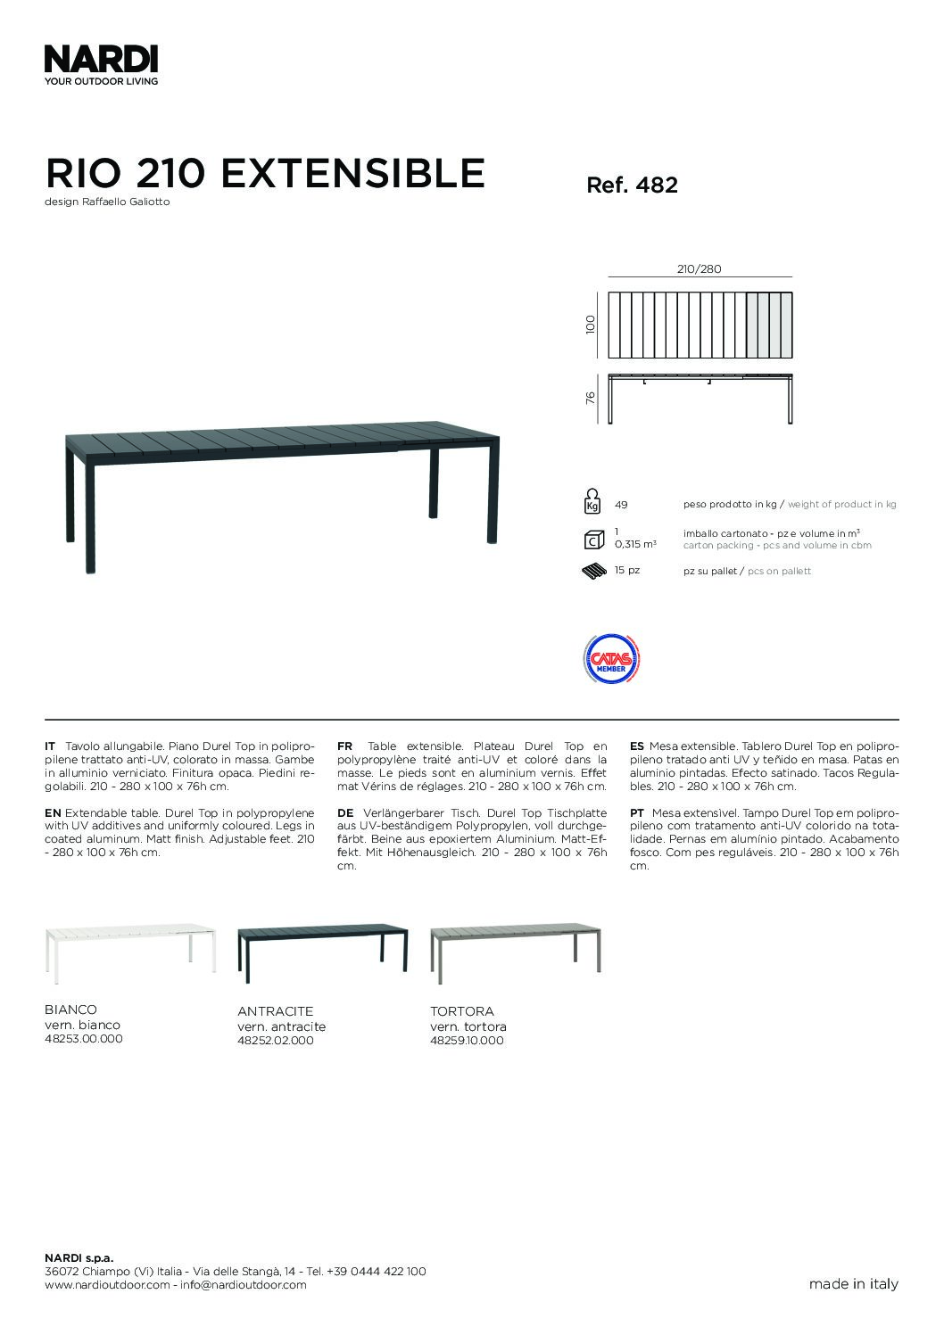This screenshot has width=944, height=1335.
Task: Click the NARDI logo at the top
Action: [x=101, y=61]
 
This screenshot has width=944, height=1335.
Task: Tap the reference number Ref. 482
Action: [x=632, y=185]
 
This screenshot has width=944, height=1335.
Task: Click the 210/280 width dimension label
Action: [x=700, y=269]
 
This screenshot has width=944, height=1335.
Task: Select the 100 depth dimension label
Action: [x=590, y=324]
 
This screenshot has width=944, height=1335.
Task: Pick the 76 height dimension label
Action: [x=590, y=399]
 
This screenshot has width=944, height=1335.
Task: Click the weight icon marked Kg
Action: [x=591, y=502]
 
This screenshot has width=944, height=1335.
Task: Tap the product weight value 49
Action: [x=621, y=505]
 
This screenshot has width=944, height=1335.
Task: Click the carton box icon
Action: [x=591, y=540]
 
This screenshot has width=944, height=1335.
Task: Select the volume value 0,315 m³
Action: [x=635, y=544]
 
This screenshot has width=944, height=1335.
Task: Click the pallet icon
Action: [x=592, y=571]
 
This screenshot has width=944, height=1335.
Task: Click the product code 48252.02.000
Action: [x=276, y=1041]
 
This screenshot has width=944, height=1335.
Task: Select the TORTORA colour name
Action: [x=461, y=1011]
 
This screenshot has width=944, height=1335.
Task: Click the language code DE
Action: [x=345, y=813]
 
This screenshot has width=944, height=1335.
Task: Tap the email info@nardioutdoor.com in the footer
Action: [x=243, y=1285]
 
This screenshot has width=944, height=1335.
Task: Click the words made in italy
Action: [x=853, y=1285]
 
